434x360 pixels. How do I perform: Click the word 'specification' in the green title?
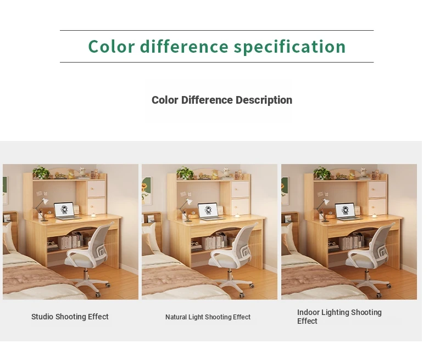click(x=290, y=47)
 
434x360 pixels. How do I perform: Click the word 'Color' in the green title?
click(x=112, y=46)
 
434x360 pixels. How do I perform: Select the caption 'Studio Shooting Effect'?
click(x=70, y=317)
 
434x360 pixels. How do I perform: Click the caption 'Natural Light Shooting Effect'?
click(x=208, y=317)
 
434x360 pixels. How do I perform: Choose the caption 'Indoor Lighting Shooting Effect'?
click(x=340, y=317)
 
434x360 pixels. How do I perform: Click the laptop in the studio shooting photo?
click(x=65, y=211)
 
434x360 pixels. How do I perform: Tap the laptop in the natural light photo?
click(x=210, y=212)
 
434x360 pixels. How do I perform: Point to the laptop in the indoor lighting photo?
click(x=346, y=212)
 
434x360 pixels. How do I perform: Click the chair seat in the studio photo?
click(x=79, y=261)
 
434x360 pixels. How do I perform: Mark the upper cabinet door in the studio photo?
click(x=96, y=189)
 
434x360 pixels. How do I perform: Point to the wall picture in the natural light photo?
click(x=147, y=190)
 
